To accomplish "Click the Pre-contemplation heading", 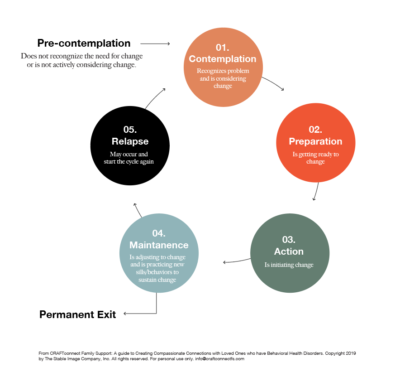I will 84,43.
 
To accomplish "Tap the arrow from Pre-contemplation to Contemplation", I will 155,44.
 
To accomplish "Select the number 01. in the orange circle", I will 223,48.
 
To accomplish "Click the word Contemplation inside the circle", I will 223,59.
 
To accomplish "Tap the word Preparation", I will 315,141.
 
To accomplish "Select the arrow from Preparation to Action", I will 316,191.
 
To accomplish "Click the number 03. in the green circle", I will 289,240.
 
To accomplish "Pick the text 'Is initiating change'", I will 289,265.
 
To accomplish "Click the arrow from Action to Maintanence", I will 237,261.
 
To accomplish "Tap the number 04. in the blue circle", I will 159,233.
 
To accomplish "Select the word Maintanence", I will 159,245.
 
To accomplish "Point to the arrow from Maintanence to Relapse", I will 138,209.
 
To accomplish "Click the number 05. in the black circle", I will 130,130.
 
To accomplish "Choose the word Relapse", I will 130,141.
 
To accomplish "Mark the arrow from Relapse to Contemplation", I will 155,97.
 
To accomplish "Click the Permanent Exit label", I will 78,314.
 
